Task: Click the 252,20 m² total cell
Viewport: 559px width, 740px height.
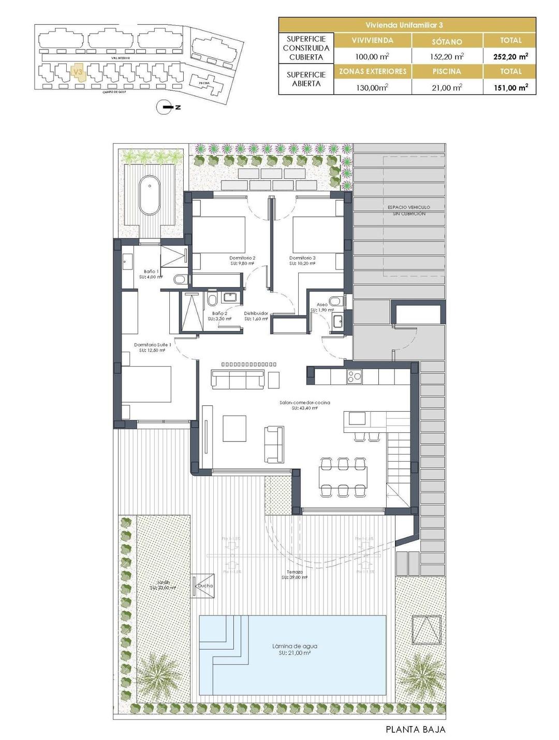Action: (510, 56)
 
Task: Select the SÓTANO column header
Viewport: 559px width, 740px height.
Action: (447, 41)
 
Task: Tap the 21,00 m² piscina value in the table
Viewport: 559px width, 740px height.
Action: (447, 87)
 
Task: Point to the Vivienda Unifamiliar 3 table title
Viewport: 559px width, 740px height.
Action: (407, 25)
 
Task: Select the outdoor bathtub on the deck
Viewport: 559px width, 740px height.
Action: (150, 195)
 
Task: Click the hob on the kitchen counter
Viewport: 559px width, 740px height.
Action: (355, 376)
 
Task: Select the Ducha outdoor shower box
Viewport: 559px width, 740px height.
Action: (203, 585)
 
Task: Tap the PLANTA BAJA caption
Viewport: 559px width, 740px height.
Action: (415, 730)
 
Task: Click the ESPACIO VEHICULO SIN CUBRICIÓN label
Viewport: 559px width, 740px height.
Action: (408, 210)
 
